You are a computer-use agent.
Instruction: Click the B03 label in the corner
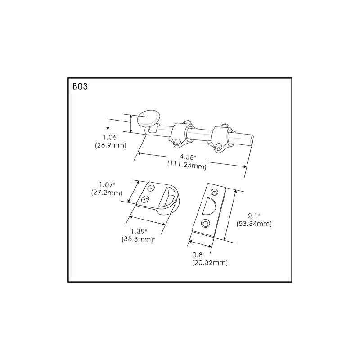[80, 86]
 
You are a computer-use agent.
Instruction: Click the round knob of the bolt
[148, 118]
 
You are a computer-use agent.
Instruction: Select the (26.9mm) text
[110, 145]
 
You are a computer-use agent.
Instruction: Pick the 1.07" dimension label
[107, 184]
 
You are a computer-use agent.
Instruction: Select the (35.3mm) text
[141, 239]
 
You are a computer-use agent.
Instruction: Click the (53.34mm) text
[254, 223]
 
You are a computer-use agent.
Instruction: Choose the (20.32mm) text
[210, 262]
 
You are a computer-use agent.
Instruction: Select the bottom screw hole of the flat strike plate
[206, 222]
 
